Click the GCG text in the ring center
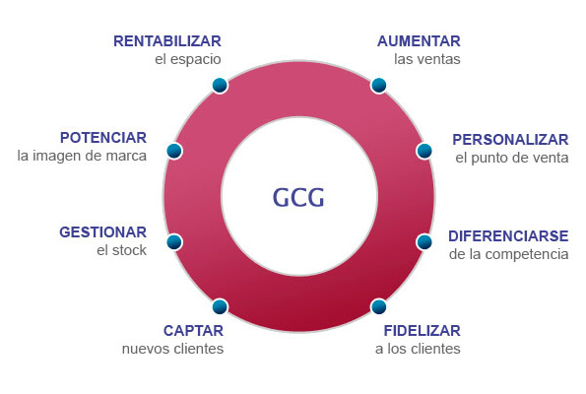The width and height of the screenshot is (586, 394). (x=298, y=197)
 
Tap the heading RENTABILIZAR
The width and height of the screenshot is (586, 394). (x=167, y=41)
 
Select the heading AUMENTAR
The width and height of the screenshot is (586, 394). (x=419, y=41)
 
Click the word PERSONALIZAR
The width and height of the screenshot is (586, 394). (x=510, y=140)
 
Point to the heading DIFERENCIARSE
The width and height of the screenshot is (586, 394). (x=508, y=236)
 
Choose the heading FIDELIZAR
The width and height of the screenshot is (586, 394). (x=423, y=330)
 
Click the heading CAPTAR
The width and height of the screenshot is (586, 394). (x=194, y=330)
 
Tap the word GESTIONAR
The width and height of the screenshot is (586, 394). (x=103, y=232)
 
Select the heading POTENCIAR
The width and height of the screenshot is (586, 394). (x=103, y=138)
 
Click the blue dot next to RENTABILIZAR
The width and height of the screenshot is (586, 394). (x=220, y=86)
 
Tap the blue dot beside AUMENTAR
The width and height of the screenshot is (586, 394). (x=378, y=86)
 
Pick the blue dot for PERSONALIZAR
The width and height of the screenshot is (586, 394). (x=424, y=151)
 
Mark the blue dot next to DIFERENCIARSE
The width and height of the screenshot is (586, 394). (x=424, y=242)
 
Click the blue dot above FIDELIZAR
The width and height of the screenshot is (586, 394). (x=378, y=306)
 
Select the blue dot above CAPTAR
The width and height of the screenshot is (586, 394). (x=220, y=306)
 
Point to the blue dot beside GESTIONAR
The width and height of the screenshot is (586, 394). (x=174, y=242)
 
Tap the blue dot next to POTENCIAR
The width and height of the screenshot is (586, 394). (x=174, y=151)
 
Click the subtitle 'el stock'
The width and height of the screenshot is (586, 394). (x=121, y=250)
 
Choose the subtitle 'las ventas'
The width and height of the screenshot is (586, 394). (x=427, y=59)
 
